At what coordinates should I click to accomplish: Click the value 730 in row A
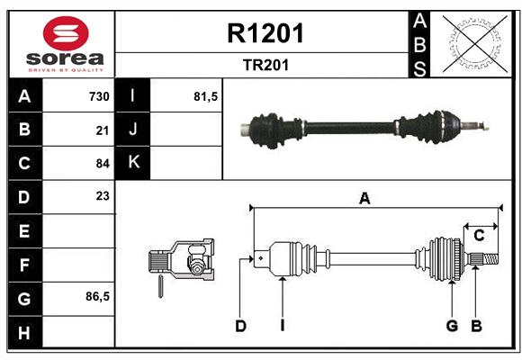[98, 96]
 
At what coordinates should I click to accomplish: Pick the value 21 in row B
[102, 130]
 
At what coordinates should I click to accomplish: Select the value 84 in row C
[102, 164]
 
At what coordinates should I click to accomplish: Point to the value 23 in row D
[102, 196]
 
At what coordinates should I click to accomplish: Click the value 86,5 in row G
[97, 296]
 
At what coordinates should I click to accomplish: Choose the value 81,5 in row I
[206, 96]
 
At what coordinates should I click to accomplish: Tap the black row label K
[134, 163]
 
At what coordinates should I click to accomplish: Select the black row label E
[24, 231]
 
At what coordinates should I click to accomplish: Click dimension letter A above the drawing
[364, 200]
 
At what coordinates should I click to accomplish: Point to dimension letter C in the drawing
[479, 236]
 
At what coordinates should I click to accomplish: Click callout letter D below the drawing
[240, 326]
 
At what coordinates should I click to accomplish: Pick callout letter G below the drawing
[452, 326]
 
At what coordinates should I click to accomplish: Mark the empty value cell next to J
[186, 130]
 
